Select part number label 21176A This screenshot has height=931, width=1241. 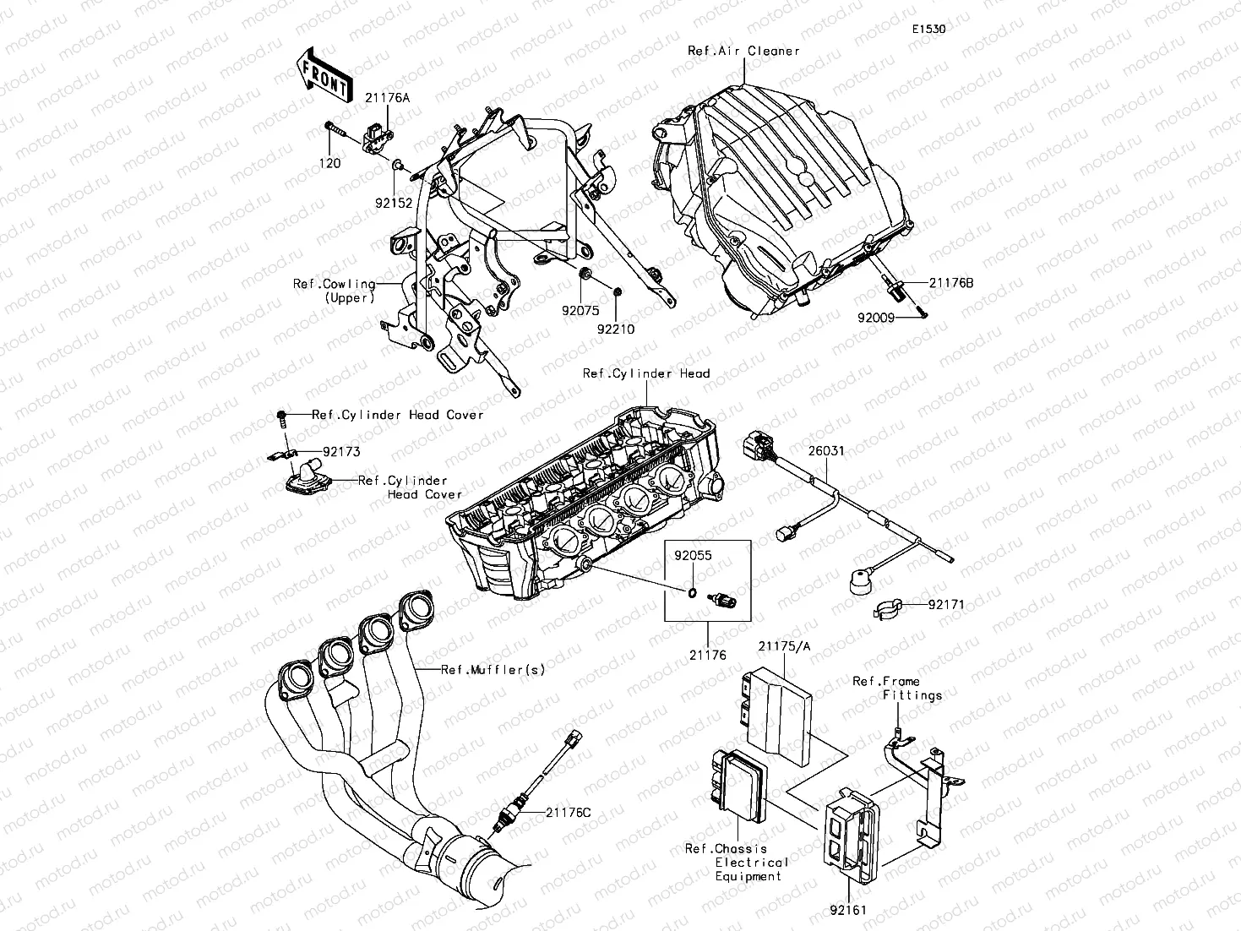coord(387,98)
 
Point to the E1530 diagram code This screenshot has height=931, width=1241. coord(928,29)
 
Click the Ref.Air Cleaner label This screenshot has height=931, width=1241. coord(743,51)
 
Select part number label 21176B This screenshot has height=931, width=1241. coord(951,283)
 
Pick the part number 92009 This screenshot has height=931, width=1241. coord(877,320)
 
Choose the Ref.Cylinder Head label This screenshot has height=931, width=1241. coord(646,373)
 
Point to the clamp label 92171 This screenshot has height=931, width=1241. coord(946,605)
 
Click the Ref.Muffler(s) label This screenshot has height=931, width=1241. coord(493,670)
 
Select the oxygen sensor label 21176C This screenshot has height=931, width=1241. coord(568,813)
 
